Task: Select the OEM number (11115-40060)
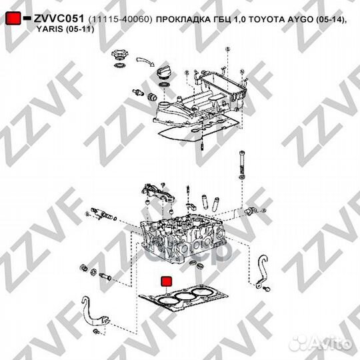click(x=117, y=21)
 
